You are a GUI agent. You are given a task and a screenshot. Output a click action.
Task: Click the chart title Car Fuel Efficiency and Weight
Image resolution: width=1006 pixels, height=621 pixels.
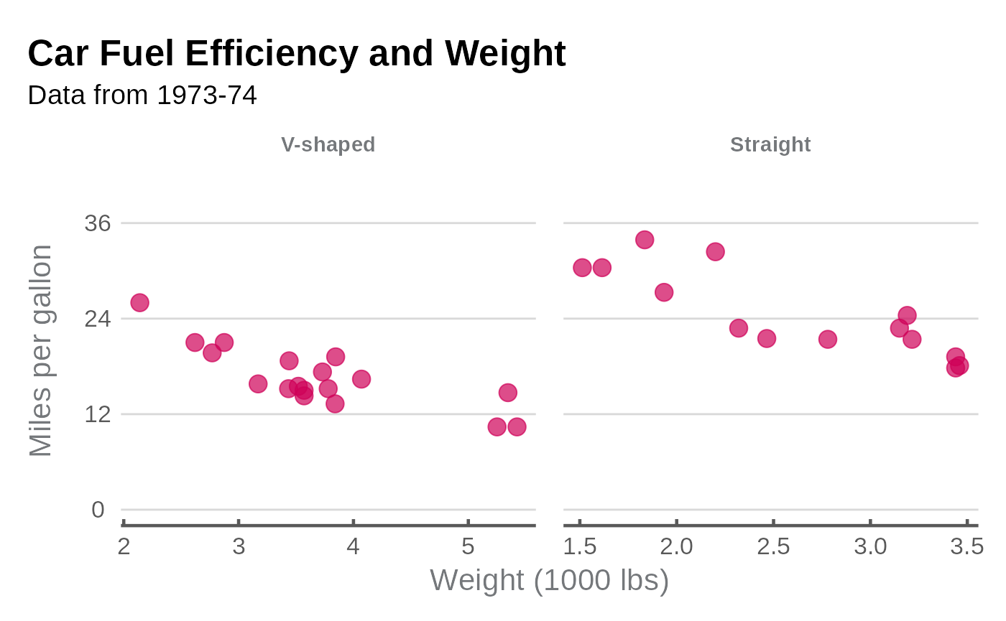click(x=297, y=54)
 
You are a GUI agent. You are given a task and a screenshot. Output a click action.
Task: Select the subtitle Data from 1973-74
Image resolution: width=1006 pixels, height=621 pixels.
click(x=142, y=95)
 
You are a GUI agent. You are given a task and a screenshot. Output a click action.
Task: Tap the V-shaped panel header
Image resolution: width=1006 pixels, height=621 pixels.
click(x=328, y=145)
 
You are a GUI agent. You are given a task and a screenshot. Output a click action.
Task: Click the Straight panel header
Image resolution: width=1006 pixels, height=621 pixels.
click(x=770, y=145)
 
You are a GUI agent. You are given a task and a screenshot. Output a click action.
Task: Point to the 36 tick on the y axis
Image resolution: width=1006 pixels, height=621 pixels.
click(x=98, y=223)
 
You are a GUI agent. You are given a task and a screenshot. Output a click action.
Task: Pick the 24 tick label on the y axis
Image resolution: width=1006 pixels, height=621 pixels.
click(x=98, y=318)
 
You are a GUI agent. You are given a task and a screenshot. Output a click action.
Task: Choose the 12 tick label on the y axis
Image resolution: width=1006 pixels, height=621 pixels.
click(x=98, y=414)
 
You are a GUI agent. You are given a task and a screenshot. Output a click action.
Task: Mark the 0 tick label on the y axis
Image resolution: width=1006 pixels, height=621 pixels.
click(x=98, y=510)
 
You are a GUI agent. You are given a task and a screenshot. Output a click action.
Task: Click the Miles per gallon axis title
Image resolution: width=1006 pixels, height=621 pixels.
click(x=41, y=350)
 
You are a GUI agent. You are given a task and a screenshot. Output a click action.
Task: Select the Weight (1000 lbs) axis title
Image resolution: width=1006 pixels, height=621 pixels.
click(x=549, y=580)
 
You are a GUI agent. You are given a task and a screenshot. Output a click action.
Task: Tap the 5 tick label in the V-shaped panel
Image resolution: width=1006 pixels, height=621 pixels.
click(x=468, y=547)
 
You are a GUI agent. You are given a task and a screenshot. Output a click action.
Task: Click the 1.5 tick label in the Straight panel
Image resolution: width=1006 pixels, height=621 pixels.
click(x=579, y=547)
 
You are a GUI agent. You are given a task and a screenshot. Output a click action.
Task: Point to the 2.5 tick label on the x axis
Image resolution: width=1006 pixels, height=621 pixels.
click(x=773, y=547)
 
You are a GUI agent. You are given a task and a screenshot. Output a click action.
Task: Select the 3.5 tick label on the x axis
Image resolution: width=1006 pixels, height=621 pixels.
click(x=966, y=547)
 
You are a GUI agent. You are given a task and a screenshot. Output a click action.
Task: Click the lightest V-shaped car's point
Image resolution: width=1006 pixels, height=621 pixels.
click(x=139, y=303)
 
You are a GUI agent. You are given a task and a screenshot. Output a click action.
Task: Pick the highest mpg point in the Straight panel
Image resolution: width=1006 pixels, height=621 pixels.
click(x=645, y=240)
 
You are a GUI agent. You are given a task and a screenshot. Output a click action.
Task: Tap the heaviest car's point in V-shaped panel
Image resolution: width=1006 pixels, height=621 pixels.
click(x=517, y=427)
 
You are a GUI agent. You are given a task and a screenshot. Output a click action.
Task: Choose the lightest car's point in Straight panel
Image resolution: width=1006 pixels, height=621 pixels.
click(x=582, y=268)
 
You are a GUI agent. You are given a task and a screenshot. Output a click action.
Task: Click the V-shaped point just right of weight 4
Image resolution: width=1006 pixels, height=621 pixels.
click(x=361, y=379)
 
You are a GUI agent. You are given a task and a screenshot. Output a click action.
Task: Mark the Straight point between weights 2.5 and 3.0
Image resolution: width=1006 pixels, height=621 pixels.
click(x=828, y=339)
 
